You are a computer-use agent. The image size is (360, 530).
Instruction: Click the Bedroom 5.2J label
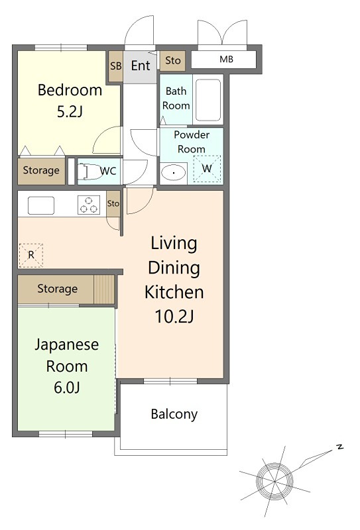70,101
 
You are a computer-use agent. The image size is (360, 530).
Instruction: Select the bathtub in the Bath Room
208,100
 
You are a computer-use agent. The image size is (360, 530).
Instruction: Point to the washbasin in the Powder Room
173,173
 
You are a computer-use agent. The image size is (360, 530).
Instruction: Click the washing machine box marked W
207,169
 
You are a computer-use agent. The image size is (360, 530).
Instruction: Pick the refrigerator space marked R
30,255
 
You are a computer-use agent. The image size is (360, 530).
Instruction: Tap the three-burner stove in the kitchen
89,205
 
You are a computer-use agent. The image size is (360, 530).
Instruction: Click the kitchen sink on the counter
41,205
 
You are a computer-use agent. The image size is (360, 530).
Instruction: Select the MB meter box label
226,59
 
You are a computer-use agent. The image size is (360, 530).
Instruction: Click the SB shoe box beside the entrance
116,66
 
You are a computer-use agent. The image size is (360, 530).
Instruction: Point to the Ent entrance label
141,66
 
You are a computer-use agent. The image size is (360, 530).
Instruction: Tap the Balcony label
174,415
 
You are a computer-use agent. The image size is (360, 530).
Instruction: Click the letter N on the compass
339,447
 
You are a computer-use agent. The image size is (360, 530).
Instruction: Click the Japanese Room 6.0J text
67,366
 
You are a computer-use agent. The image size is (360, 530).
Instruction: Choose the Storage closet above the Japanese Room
58,289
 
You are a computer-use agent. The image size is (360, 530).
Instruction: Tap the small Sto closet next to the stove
113,204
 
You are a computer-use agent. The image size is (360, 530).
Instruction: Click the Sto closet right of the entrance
172,61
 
